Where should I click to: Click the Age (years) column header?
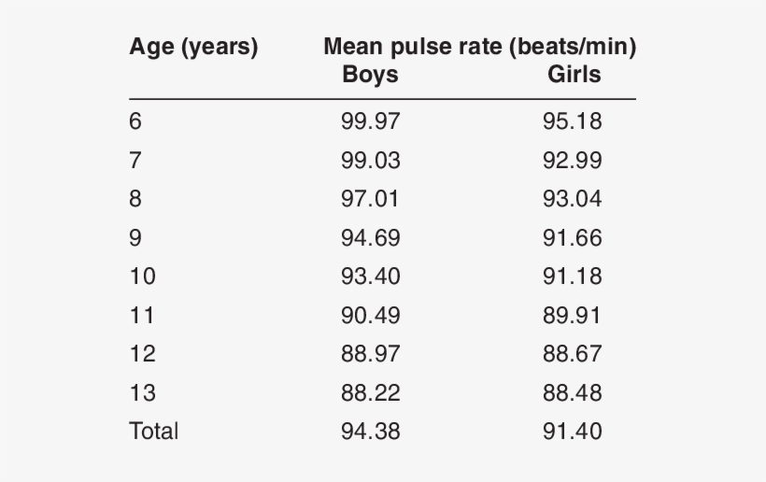click(x=193, y=48)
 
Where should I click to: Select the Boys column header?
click(x=370, y=75)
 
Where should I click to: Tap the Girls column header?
click(x=574, y=75)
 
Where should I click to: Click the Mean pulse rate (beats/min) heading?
click(x=479, y=48)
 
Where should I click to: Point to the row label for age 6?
click(x=135, y=121)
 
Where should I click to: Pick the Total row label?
click(x=153, y=432)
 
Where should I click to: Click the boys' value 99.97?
click(x=370, y=121)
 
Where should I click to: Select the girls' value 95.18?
click(x=572, y=121)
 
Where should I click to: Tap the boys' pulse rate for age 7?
click(x=370, y=161)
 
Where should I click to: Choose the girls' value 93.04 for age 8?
click(x=572, y=199)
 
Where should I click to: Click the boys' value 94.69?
click(x=370, y=238)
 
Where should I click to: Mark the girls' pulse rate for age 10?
click(x=572, y=276)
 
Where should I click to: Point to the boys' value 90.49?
click(x=370, y=316)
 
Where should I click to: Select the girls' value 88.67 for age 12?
click(x=572, y=354)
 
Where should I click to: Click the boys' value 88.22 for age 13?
click(x=370, y=393)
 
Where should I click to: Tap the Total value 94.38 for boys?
click(x=370, y=432)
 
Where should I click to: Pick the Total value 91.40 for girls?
click(x=572, y=432)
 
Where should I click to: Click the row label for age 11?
click(x=142, y=316)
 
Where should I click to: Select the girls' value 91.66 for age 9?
click(x=572, y=238)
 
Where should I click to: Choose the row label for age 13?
click(x=142, y=393)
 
